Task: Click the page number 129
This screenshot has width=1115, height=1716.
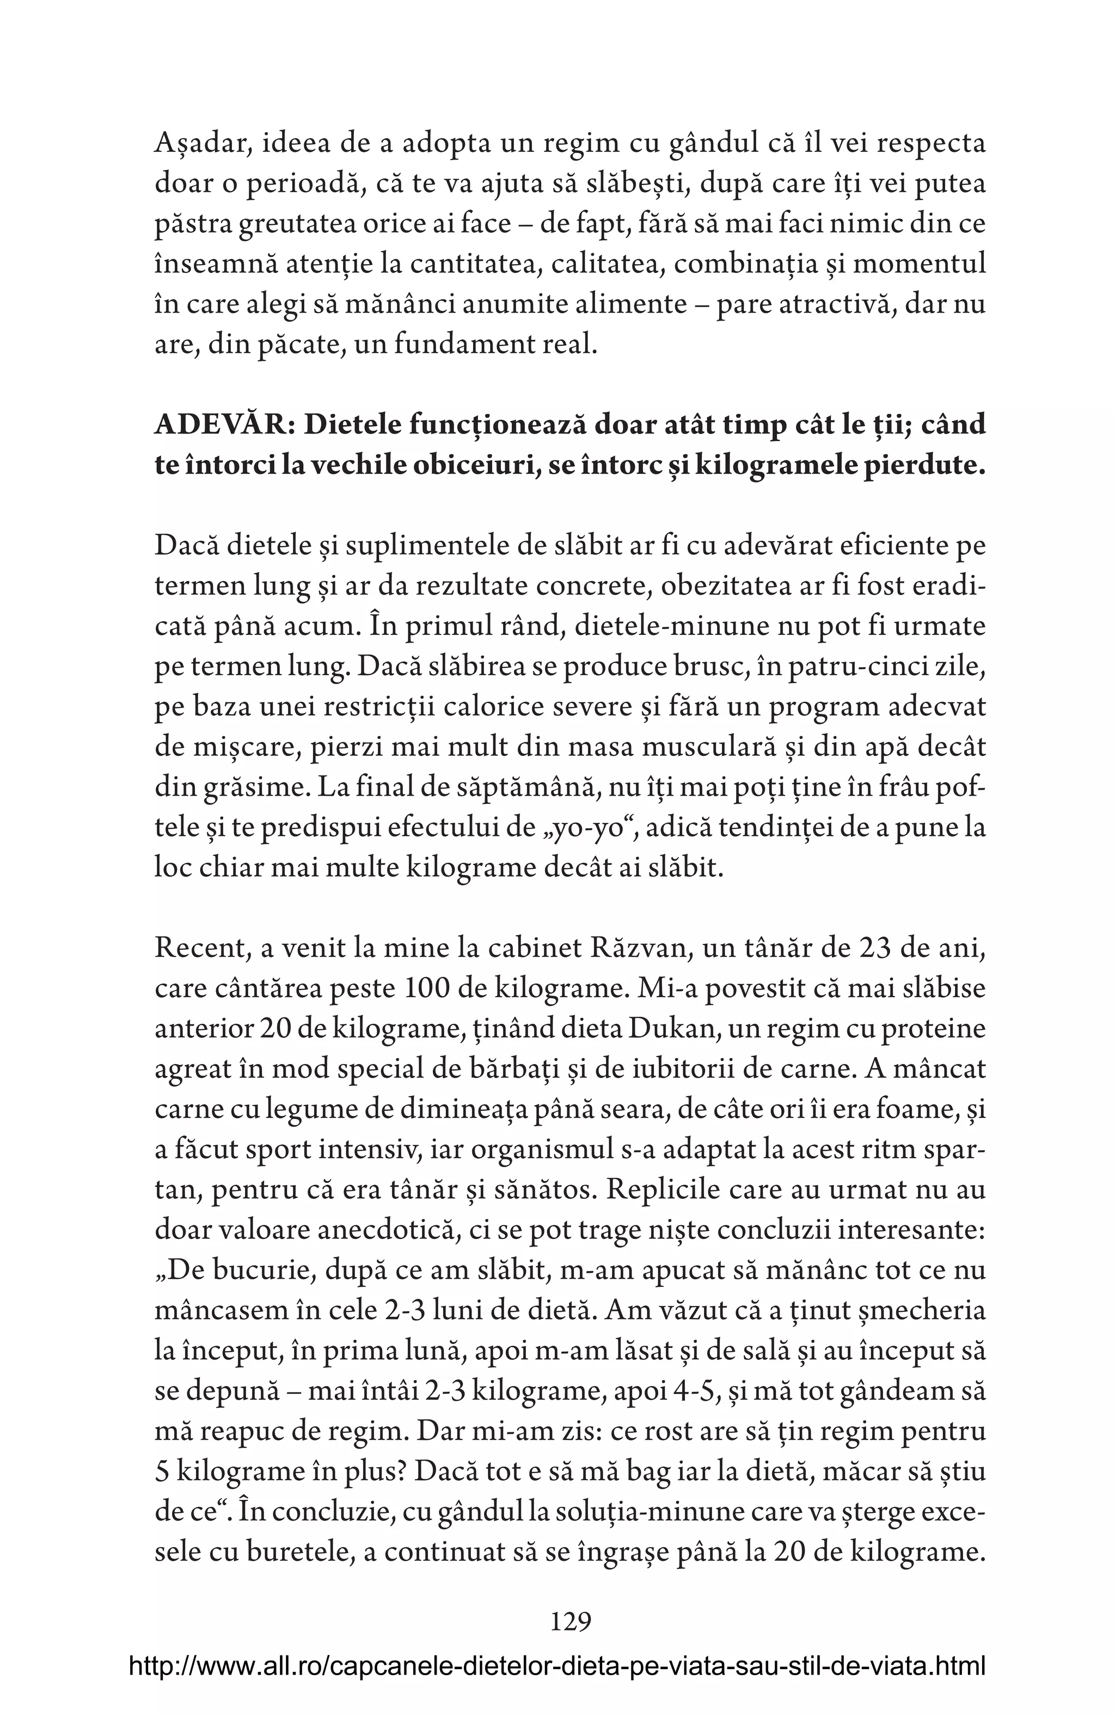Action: (570, 1622)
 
